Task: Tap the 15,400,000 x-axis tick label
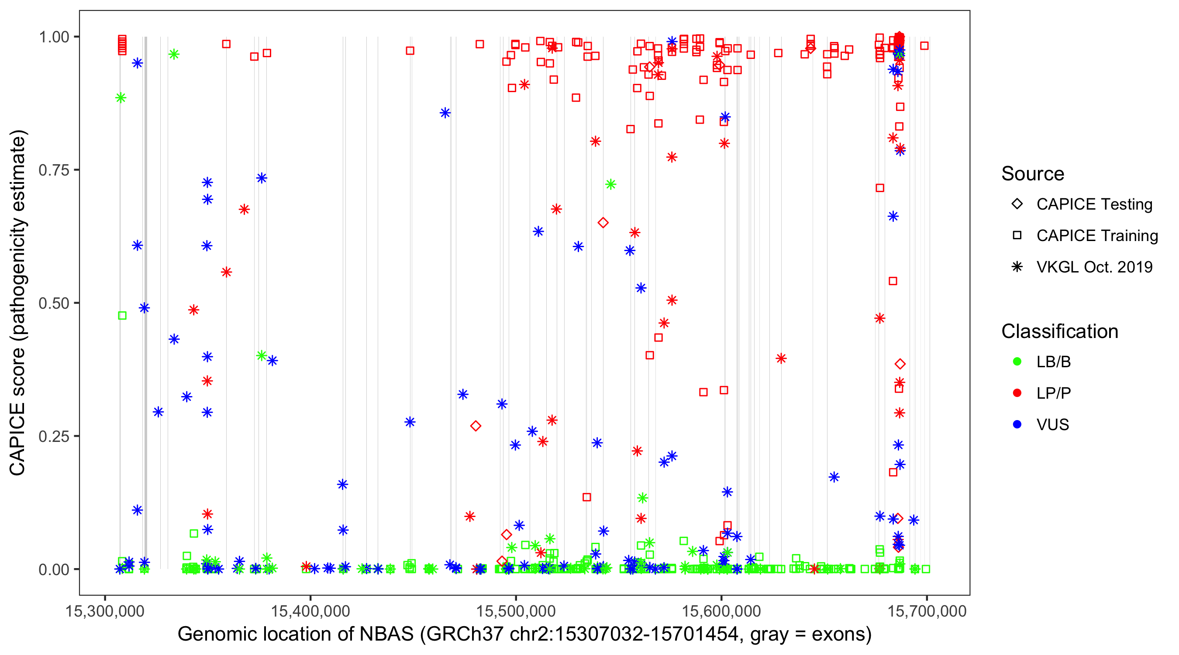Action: [310, 610]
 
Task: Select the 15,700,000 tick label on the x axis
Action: [927, 610]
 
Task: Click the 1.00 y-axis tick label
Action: [54, 37]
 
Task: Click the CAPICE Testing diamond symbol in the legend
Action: [1017, 203]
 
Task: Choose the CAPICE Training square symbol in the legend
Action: [1017, 235]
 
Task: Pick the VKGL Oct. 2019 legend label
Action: [1094, 267]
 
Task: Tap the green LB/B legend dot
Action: [1017, 362]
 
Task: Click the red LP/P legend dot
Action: [1017, 393]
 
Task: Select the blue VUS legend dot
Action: [1017, 424]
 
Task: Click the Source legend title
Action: [1033, 174]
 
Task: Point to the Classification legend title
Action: [1059, 331]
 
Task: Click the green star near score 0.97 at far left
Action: [173, 55]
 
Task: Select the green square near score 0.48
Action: [122, 315]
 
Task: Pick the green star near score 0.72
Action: [610, 184]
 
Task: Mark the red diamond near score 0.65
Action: [603, 223]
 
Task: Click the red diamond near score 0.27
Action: [476, 426]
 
